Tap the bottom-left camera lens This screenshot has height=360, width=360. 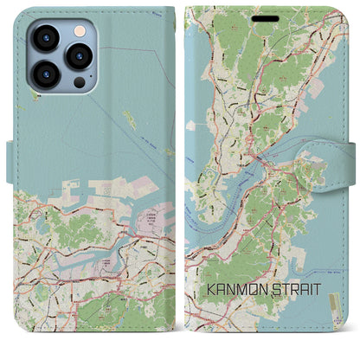tap(45, 74)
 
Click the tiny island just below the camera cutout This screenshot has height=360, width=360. tap(35, 97)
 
